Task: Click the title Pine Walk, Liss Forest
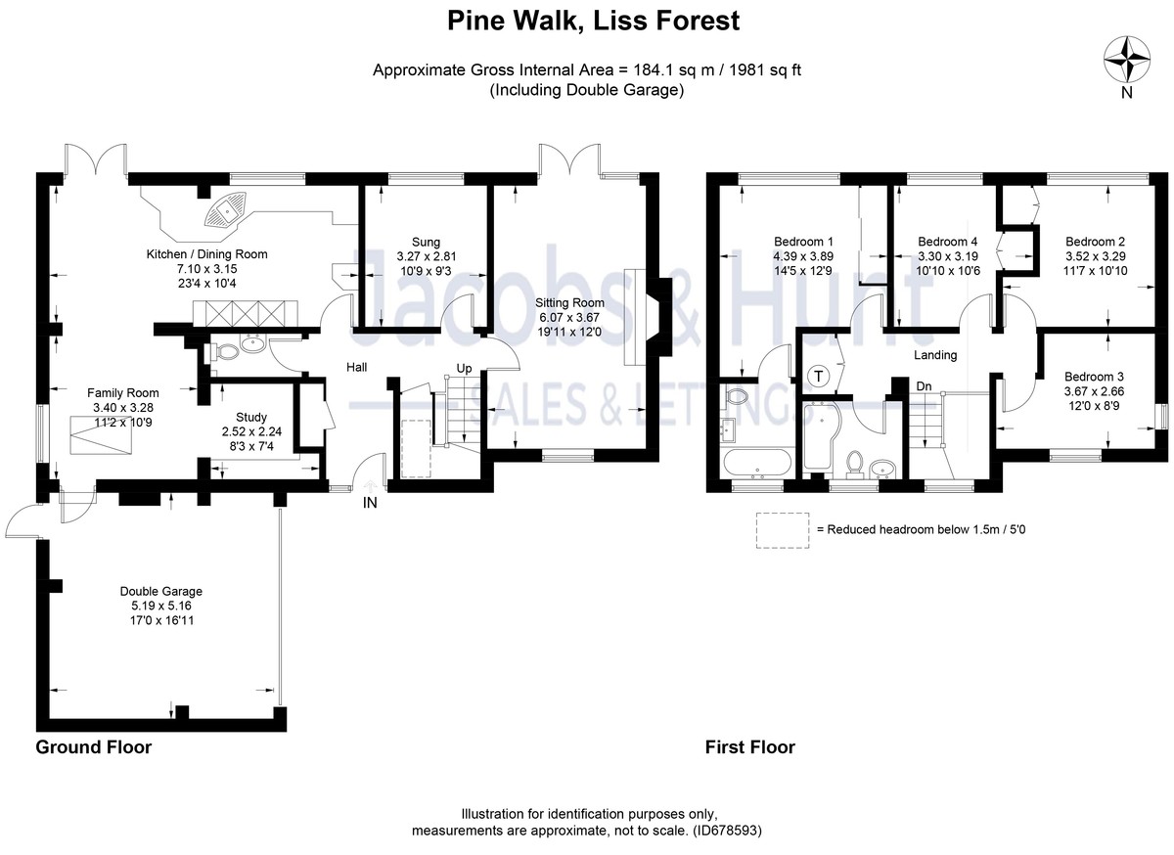click(587, 20)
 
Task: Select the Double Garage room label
click(161, 591)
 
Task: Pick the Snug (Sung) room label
click(425, 242)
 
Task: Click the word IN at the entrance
click(370, 502)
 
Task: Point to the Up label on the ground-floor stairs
click(466, 369)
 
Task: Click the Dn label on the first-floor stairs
click(924, 385)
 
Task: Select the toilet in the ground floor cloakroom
click(222, 352)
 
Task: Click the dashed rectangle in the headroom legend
click(782, 528)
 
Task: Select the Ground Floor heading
click(94, 747)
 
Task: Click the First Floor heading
click(750, 747)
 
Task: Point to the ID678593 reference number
click(724, 831)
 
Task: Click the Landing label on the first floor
click(935, 355)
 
